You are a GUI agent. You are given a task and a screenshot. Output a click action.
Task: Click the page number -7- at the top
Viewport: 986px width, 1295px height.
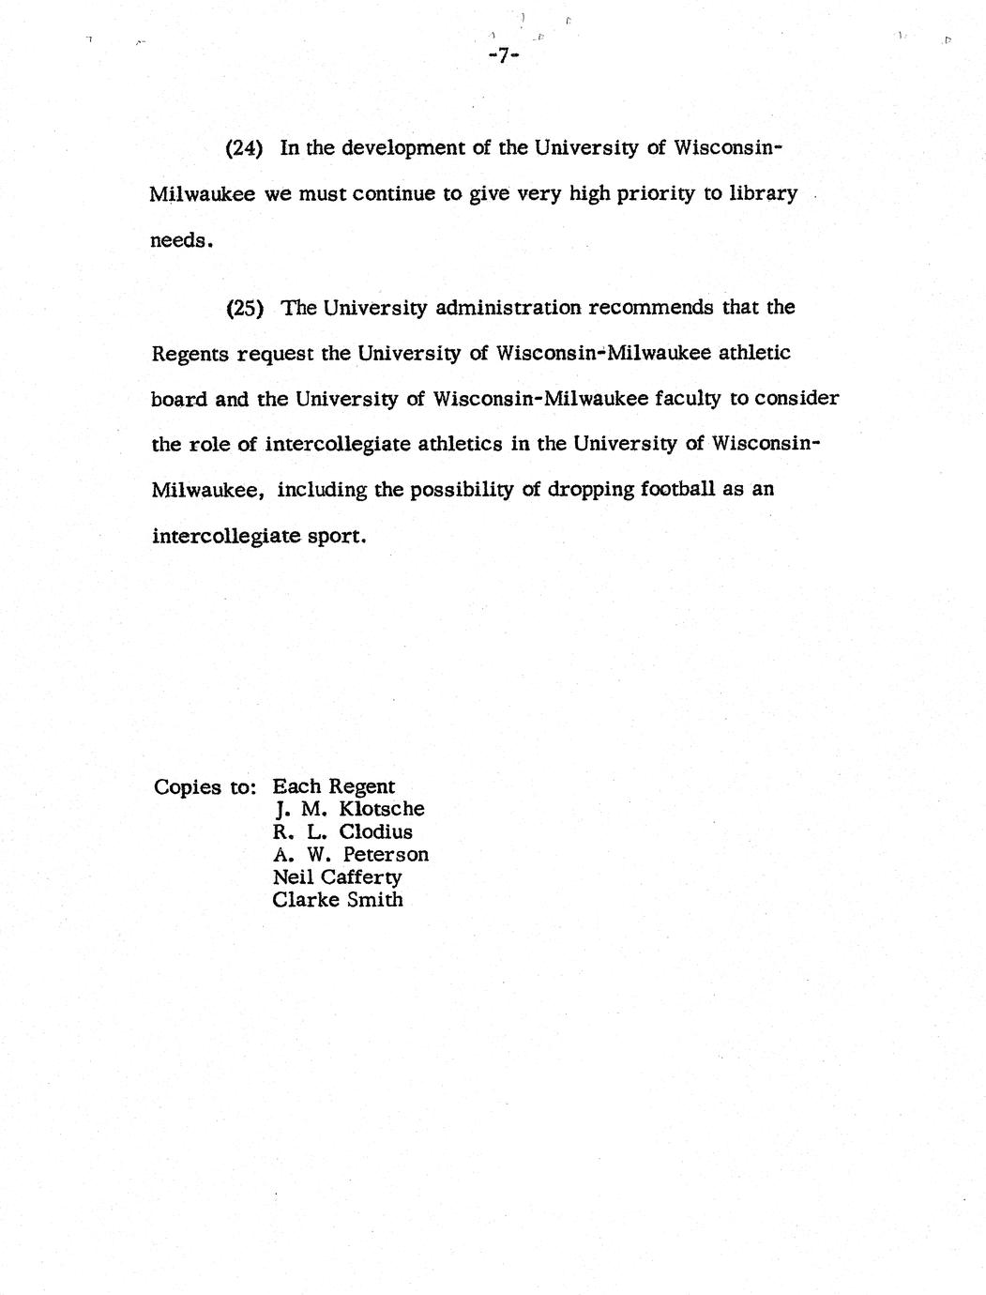pos(504,56)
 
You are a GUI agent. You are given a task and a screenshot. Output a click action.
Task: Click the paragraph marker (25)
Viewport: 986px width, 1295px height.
pos(245,308)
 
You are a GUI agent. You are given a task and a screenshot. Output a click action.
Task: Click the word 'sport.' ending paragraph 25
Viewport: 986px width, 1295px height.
pos(336,537)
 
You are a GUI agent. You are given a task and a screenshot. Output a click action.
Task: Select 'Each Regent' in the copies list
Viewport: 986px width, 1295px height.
pos(334,787)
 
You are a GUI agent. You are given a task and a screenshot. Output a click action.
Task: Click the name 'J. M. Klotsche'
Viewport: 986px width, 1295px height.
pos(348,809)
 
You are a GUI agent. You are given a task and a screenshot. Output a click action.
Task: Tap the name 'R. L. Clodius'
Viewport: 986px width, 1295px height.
pos(342,832)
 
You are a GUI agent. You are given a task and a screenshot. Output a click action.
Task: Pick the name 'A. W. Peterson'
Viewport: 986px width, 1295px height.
pos(351,855)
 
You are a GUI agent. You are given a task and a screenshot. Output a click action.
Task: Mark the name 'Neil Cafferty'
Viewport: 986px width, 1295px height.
pos(337,877)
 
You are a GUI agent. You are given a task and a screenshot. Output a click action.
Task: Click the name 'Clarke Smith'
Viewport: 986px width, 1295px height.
pos(338,900)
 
